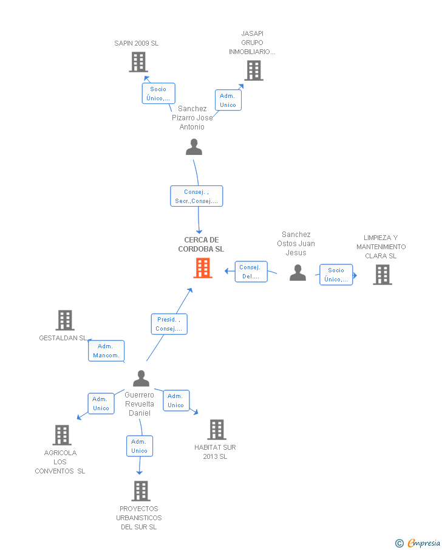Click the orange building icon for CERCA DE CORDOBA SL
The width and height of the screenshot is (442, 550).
tap(203, 269)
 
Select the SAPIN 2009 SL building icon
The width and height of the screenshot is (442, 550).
tap(138, 62)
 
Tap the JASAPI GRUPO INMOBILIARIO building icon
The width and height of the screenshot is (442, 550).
tap(254, 70)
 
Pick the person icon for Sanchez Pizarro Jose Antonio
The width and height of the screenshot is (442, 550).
tap(194, 146)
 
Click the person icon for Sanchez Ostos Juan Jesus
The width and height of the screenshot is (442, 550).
tap(298, 272)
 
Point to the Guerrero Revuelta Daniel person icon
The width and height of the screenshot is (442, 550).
tap(141, 378)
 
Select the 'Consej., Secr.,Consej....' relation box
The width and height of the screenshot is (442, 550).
tap(197, 196)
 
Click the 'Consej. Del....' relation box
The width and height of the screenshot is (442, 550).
tap(251, 272)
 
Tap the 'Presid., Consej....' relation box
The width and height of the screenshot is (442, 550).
tap(169, 324)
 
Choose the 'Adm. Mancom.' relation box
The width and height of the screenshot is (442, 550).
tap(106, 351)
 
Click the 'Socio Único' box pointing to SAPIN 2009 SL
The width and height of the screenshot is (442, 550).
tap(158, 94)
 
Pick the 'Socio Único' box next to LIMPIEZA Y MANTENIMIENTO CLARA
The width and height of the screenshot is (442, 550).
tap(336, 275)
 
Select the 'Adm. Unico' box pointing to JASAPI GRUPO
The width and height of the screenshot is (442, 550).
tap(228, 100)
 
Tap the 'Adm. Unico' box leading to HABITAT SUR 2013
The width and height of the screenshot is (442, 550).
tap(176, 400)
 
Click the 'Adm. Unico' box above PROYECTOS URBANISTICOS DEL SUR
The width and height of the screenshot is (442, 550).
tap(140, 446)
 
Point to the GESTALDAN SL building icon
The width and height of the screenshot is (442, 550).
tap(65, 320)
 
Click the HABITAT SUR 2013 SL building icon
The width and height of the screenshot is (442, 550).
tap(217, 430)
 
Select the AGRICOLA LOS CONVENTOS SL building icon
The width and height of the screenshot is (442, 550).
tap(62, 435)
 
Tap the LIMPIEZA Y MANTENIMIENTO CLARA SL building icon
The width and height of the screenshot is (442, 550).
tap(382, 275)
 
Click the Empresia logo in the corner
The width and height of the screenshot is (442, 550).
tap(418, 543)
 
